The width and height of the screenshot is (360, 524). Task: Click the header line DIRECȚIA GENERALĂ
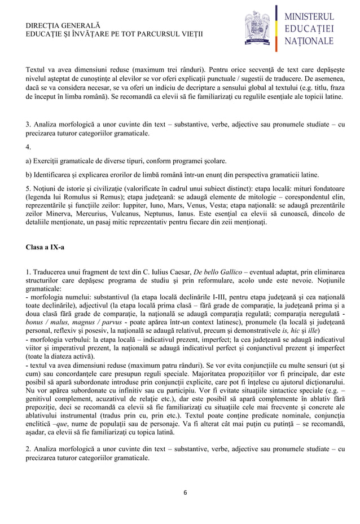tap(63, 27)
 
